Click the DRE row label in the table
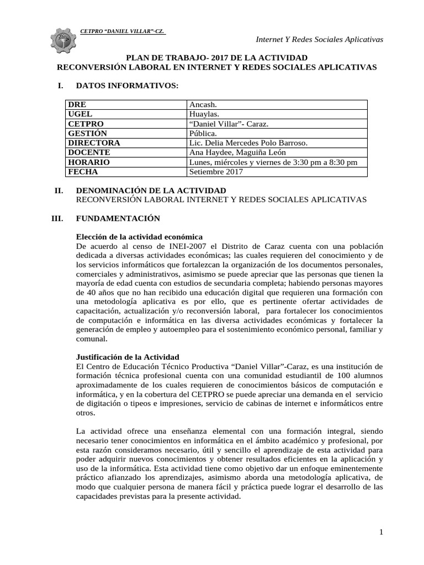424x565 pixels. pyautogui.click(x=77, y=104)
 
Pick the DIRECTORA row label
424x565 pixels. pyautogui.click(x=94, y=142)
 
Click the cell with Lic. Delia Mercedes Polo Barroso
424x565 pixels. pyautogui.click(x=248, y=142)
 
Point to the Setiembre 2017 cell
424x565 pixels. pyautogui.click(x=215, y=172)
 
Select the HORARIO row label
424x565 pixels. pyautogui.click(x=89, y=162)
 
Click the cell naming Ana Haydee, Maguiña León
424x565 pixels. pyautogui.click(x=238, y=152)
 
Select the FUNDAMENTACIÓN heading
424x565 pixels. pyautogui.click(x=118, y=218)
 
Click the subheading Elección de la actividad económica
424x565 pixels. pyautogui.click(x=135, y=237)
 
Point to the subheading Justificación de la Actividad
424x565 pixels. pyautogui.click(x=128, y=357)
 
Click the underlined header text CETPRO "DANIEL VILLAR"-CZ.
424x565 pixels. pyautogui.click(x=122, y=31)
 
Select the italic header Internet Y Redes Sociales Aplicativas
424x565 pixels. pyautogui.click(x=320, y=39)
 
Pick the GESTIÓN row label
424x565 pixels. pyautogui.click(x=88, y=133)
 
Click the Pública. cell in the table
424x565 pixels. pyautogui.click(x=203, y=133)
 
